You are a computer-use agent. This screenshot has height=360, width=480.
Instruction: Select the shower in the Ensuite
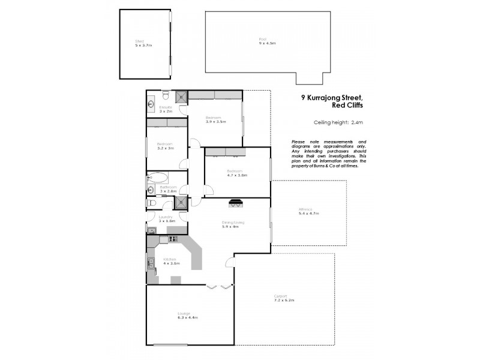tap(179, 97)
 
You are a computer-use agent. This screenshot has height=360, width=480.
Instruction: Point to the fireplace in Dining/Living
tap(236, 203)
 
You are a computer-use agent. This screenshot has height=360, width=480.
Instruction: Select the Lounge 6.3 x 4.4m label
tap(187, 315)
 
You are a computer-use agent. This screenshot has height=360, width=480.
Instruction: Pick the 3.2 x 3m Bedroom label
tap(166, 146)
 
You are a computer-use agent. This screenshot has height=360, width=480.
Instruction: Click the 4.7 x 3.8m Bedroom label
tap(237, 173)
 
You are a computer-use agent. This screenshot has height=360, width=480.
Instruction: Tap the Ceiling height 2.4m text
tap(338, 123)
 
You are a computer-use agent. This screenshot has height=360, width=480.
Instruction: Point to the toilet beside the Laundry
tap(152, 203)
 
